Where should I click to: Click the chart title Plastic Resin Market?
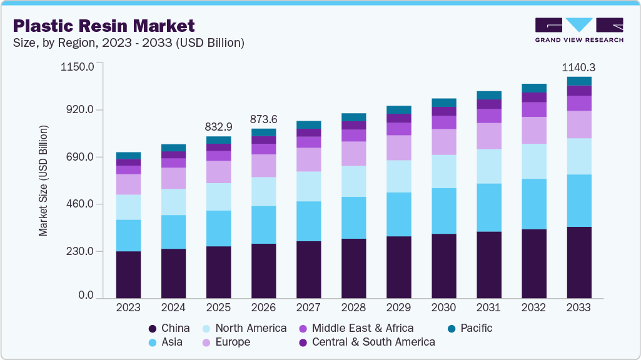tap(104, 26)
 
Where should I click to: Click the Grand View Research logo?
tap(578, 30)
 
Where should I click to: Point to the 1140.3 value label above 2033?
tap(578, 67)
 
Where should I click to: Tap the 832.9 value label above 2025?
tap(218, 127)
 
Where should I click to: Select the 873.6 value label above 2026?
tap(263, 119)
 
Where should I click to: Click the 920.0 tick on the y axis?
tap(81, 110)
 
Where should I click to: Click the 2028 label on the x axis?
tap(353, 308)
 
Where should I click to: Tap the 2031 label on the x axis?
tap(488, 308)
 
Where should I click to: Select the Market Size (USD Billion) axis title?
tap(43, 181)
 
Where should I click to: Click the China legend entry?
tap(169, 328)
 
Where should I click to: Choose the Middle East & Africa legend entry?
tap(356, 328)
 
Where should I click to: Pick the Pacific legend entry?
tap(470, 328)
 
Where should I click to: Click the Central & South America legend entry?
tap(366, 342)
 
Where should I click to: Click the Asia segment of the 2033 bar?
tap(578, 201)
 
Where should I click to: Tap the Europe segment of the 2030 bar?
tap(443, 142)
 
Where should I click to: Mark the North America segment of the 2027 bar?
tap(308, 186)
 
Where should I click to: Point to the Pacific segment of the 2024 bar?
tap(173, 147)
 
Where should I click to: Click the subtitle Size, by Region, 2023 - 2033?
tap(128, 43)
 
